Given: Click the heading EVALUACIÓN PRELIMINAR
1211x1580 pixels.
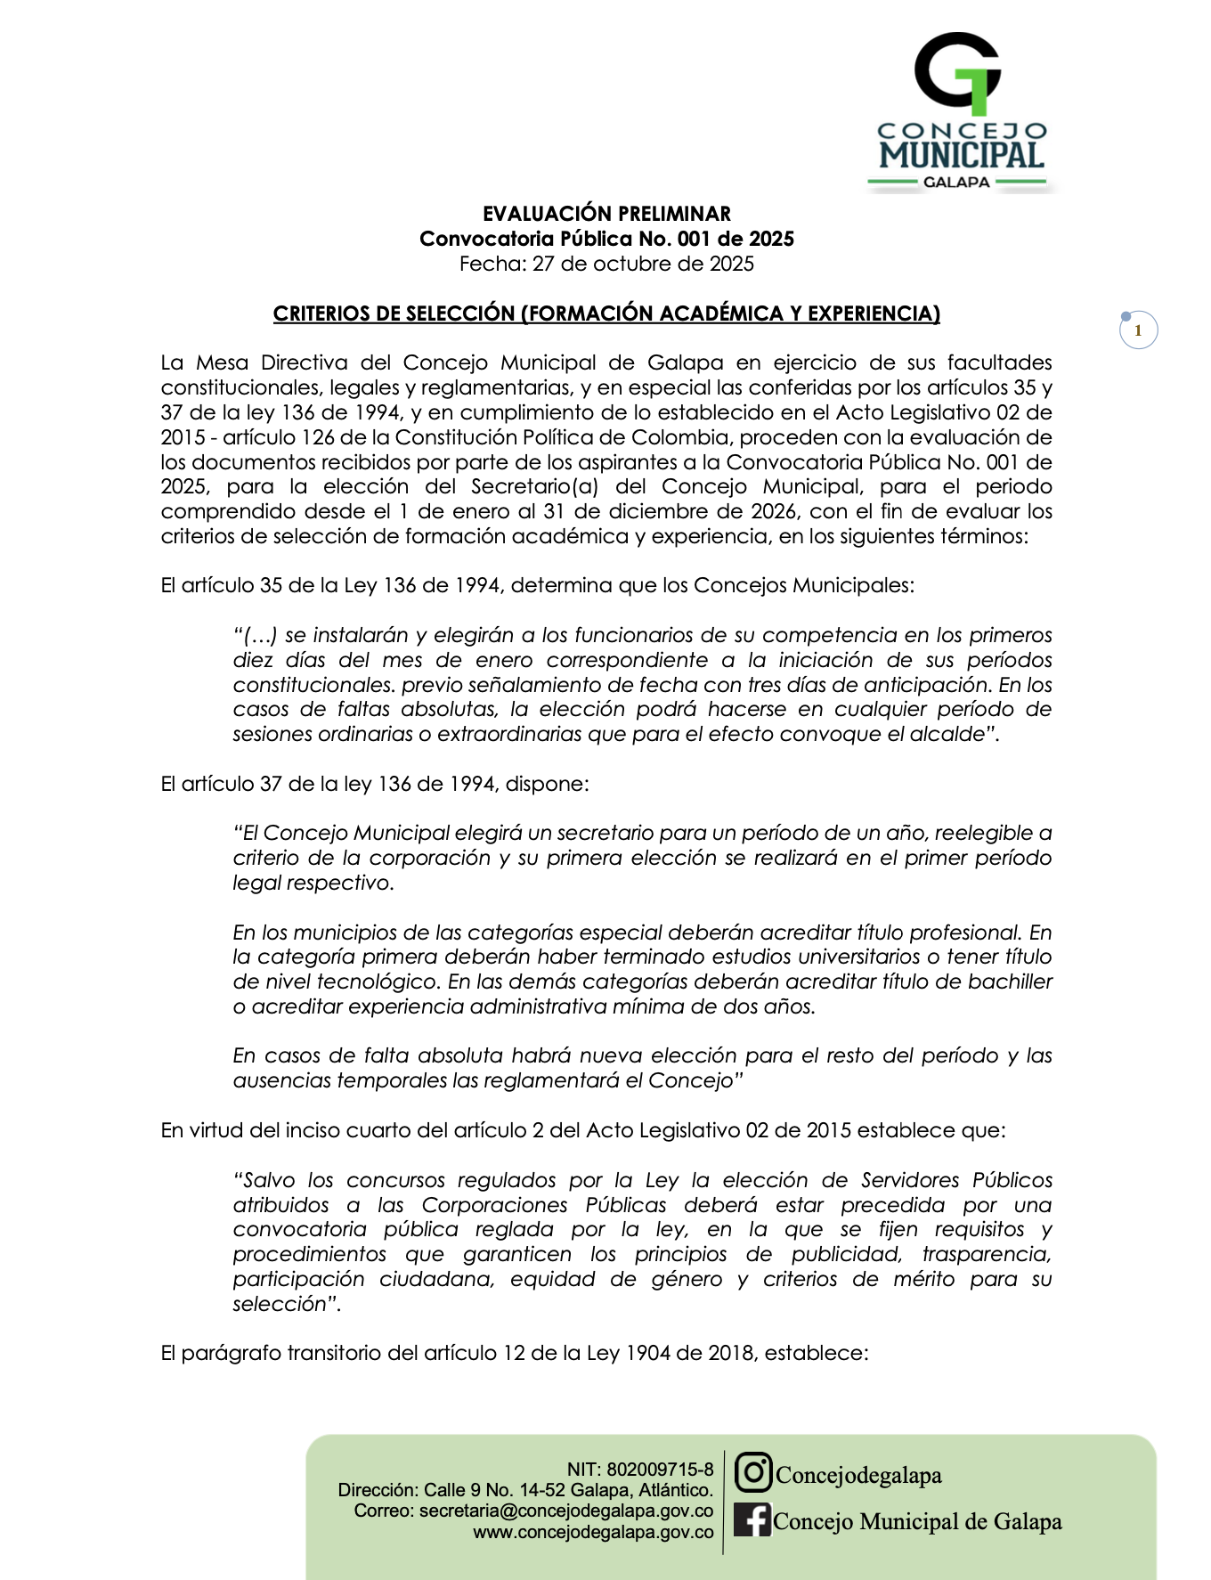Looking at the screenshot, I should [x=606, y=214].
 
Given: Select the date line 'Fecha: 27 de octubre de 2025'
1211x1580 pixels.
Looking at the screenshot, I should [x=606, y=264].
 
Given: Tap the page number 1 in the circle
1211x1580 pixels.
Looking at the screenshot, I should [x=1137, y=330].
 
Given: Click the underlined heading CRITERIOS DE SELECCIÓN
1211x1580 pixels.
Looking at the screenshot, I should [x=606, y=314].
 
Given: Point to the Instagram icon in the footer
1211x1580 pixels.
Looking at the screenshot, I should [x=752, y=1472].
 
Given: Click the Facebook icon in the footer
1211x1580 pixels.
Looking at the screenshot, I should [x=752, y=1519].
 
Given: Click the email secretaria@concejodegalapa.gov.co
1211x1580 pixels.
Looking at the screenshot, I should [x=566, y=1511].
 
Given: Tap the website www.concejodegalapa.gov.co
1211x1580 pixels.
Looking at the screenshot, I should [x=593, y=1532].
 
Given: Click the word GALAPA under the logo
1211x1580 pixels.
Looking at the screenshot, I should [x=956, y=183].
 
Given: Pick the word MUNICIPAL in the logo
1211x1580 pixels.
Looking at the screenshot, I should [x=962, y=155].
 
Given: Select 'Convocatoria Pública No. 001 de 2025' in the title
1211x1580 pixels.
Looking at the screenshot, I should [x=606, y=239].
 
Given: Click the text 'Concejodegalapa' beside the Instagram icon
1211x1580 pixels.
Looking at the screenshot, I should [x=858, y=1476].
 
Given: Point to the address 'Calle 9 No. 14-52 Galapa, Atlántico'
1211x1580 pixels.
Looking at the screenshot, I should [x=568, y=1490].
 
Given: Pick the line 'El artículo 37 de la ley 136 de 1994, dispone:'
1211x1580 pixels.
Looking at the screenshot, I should [x=375, y=784].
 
